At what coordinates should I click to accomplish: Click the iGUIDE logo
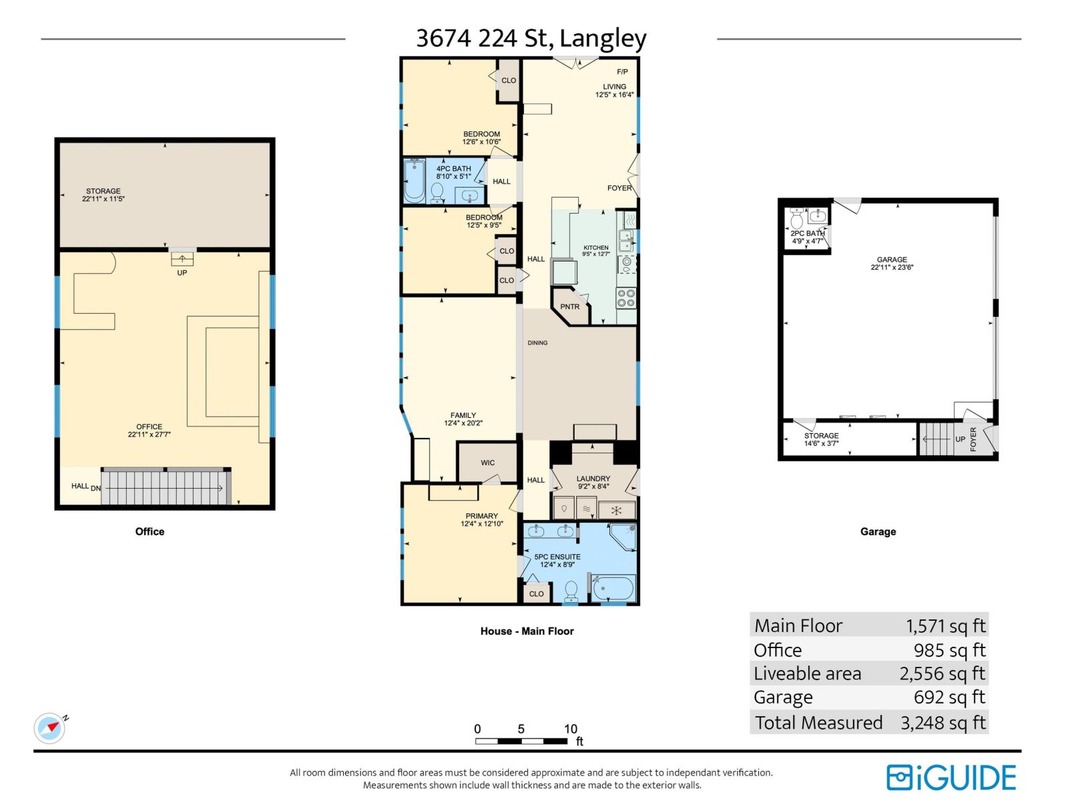pos(951,778)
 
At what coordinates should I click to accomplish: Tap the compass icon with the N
pos(50,728)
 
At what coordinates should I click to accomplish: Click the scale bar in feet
pos(521,741)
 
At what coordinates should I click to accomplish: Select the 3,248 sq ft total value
pos(943,722)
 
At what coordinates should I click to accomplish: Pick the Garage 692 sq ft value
pos(949,697)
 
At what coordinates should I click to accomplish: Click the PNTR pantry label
pos(569,307)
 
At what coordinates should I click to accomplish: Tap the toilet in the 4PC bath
pos(437,192)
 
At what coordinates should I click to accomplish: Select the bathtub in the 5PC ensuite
pos(613,589)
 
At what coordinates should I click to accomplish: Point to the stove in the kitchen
pos(626,298)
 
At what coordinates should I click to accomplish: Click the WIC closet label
pos(488,463)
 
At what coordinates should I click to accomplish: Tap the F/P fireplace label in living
pos(622,72)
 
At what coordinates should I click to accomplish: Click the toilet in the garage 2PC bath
pos(796,219)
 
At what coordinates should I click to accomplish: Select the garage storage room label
pos(821,436)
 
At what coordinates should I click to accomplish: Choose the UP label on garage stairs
pos(960,439)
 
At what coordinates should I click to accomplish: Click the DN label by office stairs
pos(96,488)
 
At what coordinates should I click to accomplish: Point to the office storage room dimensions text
pos(103,199)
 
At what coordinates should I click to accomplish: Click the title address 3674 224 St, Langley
pos(531,38)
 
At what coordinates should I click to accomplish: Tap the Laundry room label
pos(593,479)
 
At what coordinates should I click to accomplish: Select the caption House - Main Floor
pos(527,631)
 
